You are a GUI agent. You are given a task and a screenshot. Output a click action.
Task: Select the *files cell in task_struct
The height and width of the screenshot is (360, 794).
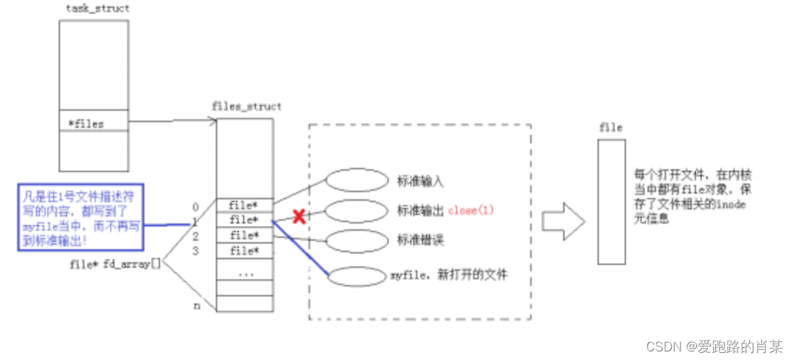point(94,124)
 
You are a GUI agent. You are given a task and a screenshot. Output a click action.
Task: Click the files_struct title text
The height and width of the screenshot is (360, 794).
point(247,106)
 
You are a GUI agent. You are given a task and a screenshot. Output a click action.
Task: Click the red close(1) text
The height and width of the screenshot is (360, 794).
point(471,211)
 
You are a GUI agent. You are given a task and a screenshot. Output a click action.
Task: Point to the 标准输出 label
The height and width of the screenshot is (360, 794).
point(420,211)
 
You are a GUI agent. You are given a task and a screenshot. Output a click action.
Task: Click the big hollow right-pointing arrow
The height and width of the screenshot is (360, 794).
point(563,221)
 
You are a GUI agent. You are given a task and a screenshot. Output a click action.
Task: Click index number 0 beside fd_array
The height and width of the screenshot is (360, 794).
point(195,207)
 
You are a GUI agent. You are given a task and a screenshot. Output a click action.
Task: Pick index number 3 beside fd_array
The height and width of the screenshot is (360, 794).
point(195,251)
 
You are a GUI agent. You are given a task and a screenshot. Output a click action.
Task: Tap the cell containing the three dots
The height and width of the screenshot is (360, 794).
point(244,272)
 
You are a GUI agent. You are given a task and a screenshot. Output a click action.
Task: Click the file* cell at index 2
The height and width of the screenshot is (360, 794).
point(244,236)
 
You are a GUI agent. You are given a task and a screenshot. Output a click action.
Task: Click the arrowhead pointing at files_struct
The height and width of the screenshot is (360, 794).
point(213,121)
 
